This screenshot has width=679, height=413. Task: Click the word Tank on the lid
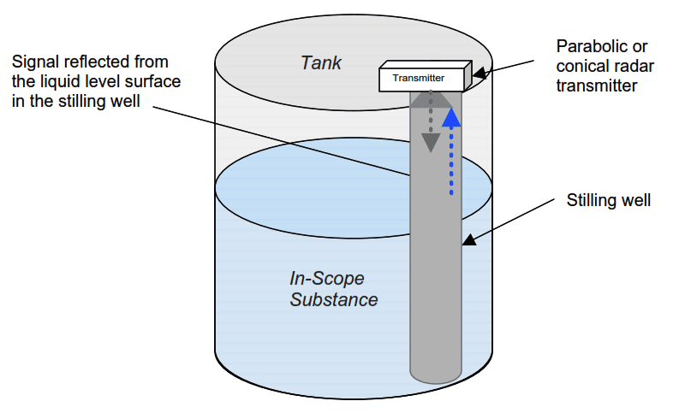point(320,62)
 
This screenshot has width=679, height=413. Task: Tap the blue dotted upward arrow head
point(451,116)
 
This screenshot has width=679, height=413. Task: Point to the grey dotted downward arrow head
point(431,142)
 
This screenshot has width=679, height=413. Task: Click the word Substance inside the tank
point(334,299)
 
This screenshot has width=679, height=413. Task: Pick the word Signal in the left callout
point(36,62)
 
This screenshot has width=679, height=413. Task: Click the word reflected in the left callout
point(98,62)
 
